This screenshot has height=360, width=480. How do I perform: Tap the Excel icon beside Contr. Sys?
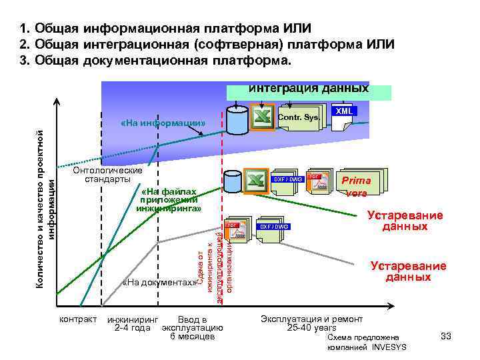(x=263, y=119)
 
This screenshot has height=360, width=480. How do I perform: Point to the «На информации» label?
(x=163, y=124)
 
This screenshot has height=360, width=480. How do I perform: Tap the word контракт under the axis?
(x=79, y=319)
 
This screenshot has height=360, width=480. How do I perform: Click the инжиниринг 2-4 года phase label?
(x=133, y=323)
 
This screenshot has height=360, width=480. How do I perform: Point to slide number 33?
(x=446, y=337)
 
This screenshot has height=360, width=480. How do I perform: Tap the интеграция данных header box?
(x=309, y=89)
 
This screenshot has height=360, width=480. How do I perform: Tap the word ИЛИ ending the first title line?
(x=292, y=29)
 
